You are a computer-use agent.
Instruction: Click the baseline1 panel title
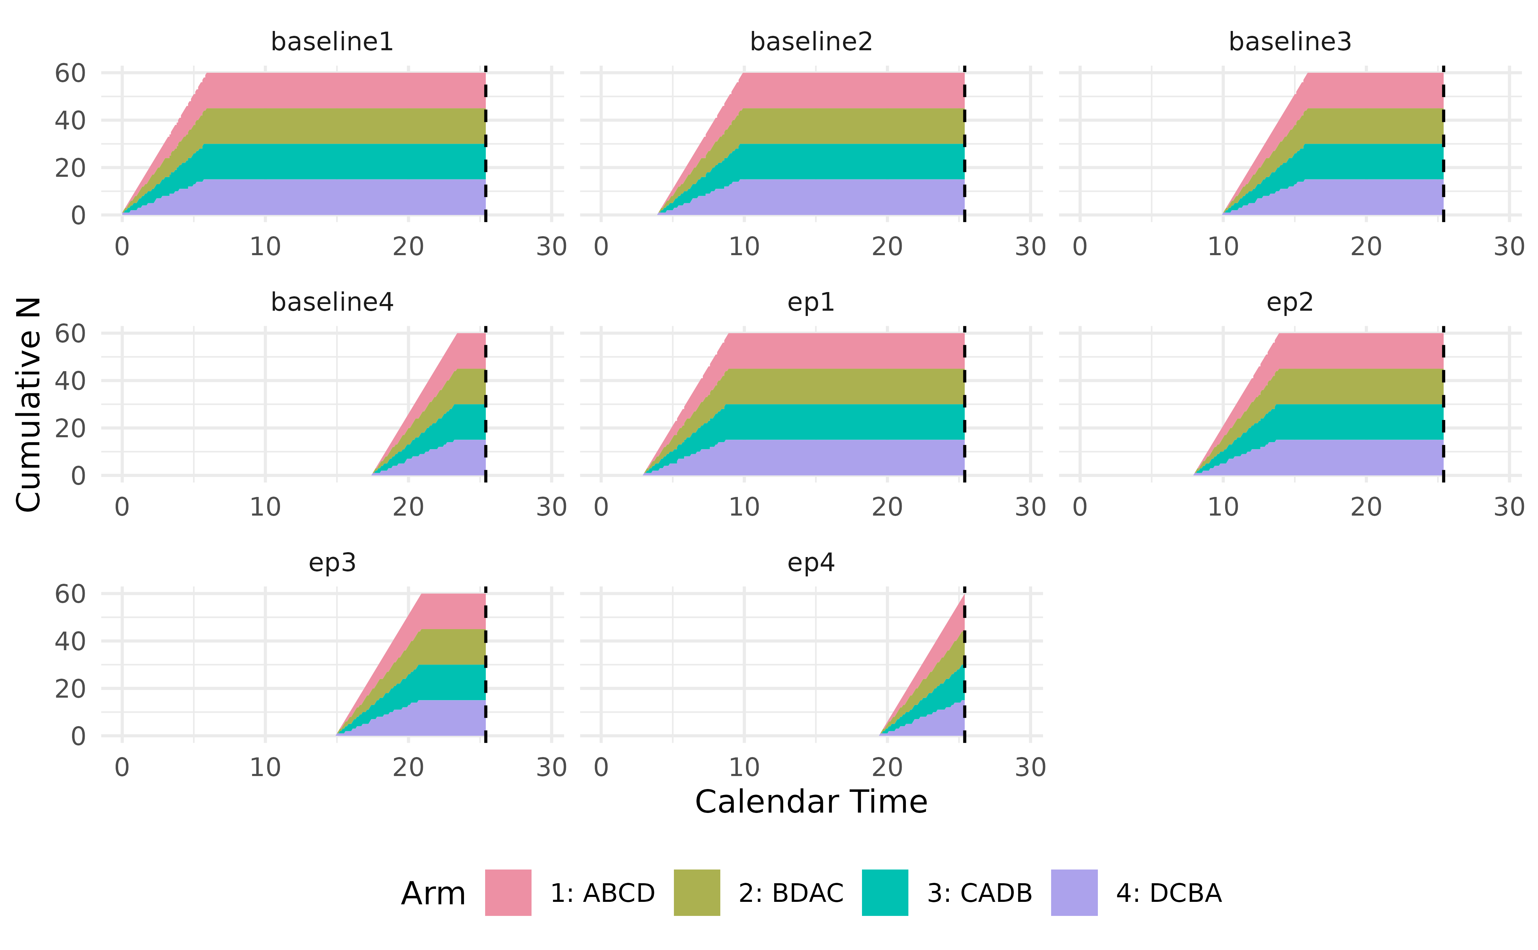coord(332,42)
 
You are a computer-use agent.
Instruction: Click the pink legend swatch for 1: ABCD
coord(508,892)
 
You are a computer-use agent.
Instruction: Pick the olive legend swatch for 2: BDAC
coord(697,892)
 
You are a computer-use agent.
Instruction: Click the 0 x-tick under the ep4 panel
coord(601,767)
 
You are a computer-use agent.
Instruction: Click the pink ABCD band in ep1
coord(842,351)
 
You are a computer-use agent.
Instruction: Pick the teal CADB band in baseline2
coord(848,161)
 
